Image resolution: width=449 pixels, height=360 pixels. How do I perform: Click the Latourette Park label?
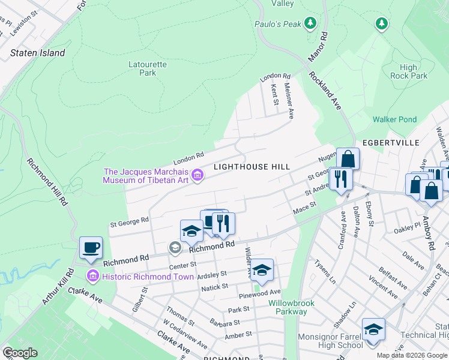pyautogui.click(x=142, y=68)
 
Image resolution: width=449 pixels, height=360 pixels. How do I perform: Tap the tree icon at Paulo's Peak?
pyautogui.click(x=310, y=23)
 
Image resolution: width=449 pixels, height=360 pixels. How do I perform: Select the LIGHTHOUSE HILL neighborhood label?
pyautogui.click(x=252, y=167)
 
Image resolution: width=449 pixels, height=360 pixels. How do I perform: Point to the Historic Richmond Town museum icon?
pyautogui.click(x=92, y=277)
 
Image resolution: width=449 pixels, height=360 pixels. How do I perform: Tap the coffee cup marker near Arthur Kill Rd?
pyautogui.click(x=91, y=248)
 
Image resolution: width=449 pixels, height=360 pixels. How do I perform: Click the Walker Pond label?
pyautogui.click(x=394, y=119)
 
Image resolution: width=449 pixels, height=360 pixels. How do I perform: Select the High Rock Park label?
pyautogui.click(x=414, y=72)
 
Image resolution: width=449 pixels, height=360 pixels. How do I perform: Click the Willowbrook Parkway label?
pyautogui.click(x=291, y=307)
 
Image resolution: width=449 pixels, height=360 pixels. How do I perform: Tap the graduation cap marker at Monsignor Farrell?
pyautogui.click(x=373, y=329)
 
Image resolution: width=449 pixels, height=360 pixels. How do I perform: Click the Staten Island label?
pyautogui.click(x=38, y=53)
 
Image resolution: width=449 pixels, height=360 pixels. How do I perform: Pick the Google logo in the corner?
pyautogui.click(x=19, y=353)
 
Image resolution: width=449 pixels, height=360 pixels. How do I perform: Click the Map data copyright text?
pyautogui.click(x=411, y=355)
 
